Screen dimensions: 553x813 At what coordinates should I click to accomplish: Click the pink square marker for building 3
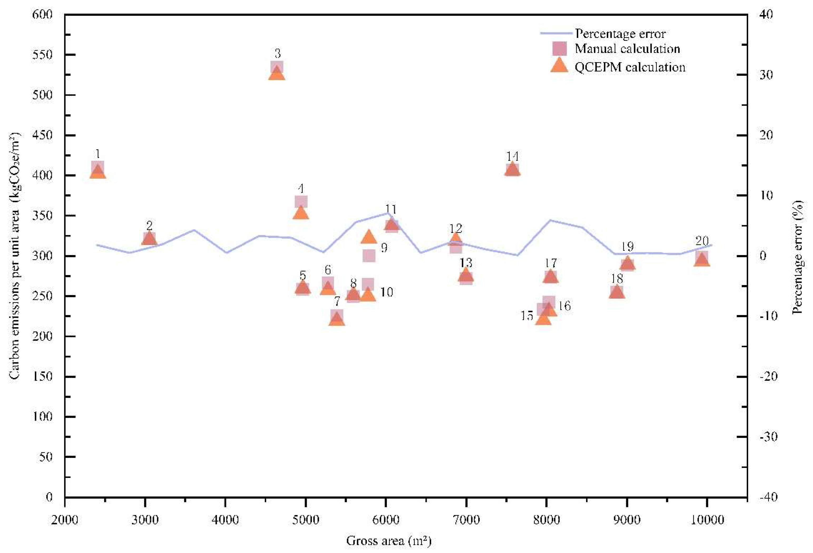click(277, 67)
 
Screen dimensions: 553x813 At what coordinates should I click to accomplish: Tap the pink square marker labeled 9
click(369, 256)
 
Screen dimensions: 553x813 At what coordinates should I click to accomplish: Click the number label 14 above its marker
click(513, 156)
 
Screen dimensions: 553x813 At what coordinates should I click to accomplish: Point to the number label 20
click(702, 241)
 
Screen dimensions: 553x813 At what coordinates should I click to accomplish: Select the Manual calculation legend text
click(627, 49)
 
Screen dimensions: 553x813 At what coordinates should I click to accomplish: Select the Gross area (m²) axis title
click(388, 541)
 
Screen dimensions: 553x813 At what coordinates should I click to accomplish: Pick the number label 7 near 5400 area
click(337, 301)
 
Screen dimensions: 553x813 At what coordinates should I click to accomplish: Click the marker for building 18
click(617, 292)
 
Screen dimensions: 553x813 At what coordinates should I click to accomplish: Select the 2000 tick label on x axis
click(65, 520)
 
